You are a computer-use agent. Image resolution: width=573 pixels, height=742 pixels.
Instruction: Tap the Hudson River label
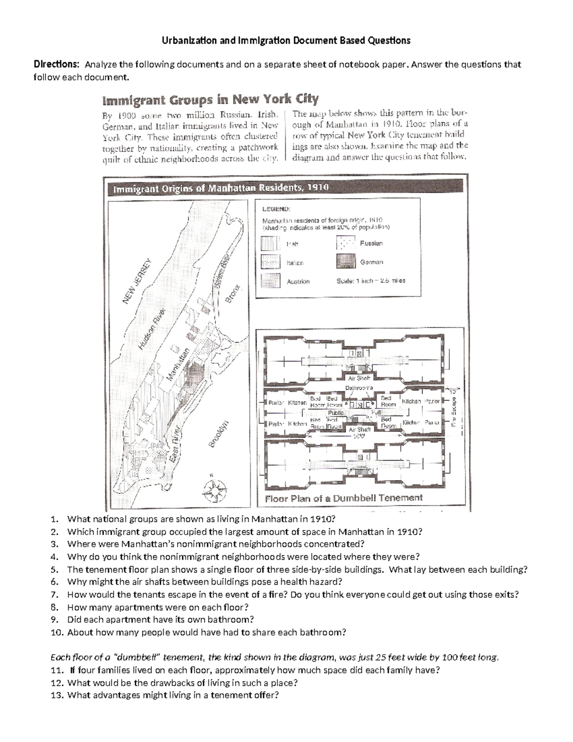(151, 329)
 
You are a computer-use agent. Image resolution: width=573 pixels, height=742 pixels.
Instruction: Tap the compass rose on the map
(215, 490)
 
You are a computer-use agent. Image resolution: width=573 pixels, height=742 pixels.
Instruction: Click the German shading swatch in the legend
(346, 261)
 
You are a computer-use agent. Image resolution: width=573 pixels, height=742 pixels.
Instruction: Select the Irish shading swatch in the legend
(271, 244)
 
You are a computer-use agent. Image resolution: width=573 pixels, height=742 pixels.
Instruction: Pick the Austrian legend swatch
(271, 281)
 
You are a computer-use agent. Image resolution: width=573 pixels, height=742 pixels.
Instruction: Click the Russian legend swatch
(346, 243)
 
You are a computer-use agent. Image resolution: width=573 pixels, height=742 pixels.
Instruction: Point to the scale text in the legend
(371, 281)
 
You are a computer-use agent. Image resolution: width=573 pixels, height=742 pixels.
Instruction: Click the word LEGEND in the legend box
(276, 209)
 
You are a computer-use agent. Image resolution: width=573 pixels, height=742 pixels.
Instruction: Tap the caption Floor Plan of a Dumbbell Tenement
(344, 498)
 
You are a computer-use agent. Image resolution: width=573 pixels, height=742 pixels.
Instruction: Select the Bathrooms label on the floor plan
(359, 388)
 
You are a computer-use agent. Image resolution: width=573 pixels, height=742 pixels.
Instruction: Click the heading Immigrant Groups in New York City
(210, 99)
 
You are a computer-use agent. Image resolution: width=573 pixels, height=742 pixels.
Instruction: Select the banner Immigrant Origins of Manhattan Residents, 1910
(221, 188)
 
